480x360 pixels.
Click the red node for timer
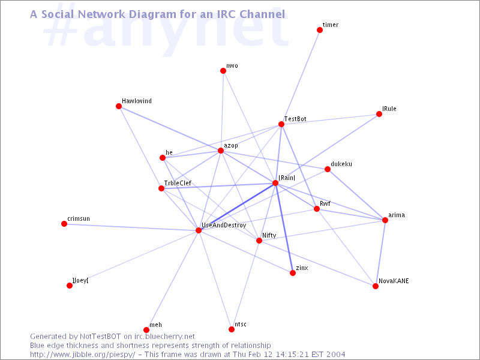(x=320, y=30)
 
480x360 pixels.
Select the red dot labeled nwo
(x=223, y=71)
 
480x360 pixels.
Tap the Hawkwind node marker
(x=119, y=106)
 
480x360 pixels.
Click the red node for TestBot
(x=281, y=124)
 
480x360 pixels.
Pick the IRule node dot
(x=379, y=114)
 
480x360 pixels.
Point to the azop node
(x=221, y=151)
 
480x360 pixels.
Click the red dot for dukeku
(x=328, y=169)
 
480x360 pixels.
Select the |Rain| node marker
(x=275, y=183)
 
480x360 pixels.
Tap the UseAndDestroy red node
(x=199, y=230)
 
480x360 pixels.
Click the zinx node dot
(x=293, y=273)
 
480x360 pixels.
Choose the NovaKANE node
(x=376, y=286)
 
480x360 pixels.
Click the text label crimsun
(x=79, y=218)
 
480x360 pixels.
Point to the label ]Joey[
(x=80, y=280)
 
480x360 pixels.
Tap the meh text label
(x=156, y=325)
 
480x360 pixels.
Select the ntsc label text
(x=241, y=325)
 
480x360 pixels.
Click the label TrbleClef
(x=178, y=183)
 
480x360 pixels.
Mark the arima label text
(x=397, y=215)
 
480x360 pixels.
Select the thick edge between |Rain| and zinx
(x=284, y=228)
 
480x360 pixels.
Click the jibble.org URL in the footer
(x=82, y=355)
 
